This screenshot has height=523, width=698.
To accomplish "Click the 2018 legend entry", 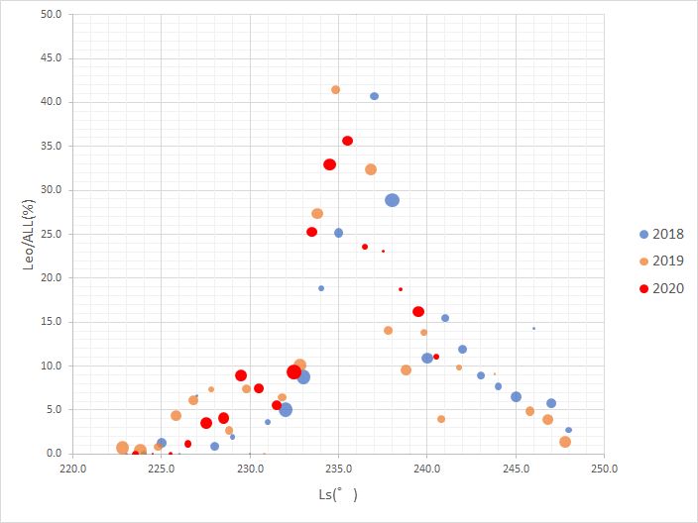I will tap(662, 235).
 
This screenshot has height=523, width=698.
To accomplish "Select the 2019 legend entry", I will tap(662, 261).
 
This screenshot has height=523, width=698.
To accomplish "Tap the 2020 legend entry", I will tap(662, 288).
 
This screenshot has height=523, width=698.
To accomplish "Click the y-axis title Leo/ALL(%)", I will tap(29, 235).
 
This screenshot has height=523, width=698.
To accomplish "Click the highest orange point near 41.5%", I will tap(336, 89).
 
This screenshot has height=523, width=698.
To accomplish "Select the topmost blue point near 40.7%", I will tap(374, 96).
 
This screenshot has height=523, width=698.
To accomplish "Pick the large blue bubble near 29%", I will tap(392, 200).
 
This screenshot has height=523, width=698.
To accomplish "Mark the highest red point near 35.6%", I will tap(347, 141).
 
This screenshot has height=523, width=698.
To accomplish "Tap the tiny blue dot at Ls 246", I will tap(533, 328).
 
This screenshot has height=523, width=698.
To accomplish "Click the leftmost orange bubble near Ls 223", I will tap(123, 448).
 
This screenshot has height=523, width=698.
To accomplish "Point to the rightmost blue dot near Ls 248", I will tap(568, 430).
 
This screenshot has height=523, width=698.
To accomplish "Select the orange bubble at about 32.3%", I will tap(371, 169).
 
